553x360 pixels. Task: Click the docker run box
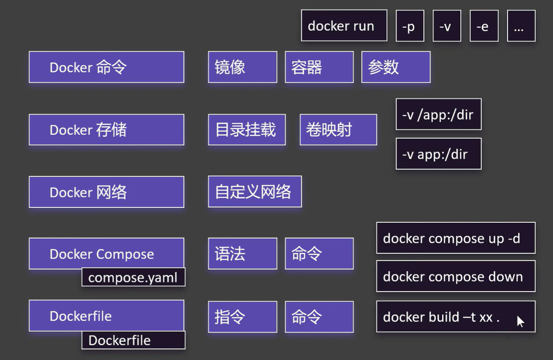point(344,26)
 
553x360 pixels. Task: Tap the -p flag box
point(409,26)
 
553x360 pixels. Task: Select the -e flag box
point(484,26)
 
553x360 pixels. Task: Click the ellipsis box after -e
point(521,26)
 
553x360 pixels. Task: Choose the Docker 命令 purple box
point(106,67)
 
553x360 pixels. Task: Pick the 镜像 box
point(242,67)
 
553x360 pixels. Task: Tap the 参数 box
point(396,67)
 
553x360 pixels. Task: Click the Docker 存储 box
point(106,130)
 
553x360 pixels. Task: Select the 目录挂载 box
point(246,130)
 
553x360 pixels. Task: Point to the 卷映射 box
point(338,130)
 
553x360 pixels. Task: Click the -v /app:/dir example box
point(438,115)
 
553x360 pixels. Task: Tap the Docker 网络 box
point(106,192)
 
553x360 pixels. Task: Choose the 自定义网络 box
point(254,192)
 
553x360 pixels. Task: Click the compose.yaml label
point(133,277)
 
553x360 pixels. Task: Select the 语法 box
point(242,253)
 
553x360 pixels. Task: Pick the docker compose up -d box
point(455,238)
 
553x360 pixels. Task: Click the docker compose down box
point(455,276)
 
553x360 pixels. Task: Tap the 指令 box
point(242,316)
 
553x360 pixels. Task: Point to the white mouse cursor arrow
point(520,321)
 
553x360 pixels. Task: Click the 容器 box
point(319,67)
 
